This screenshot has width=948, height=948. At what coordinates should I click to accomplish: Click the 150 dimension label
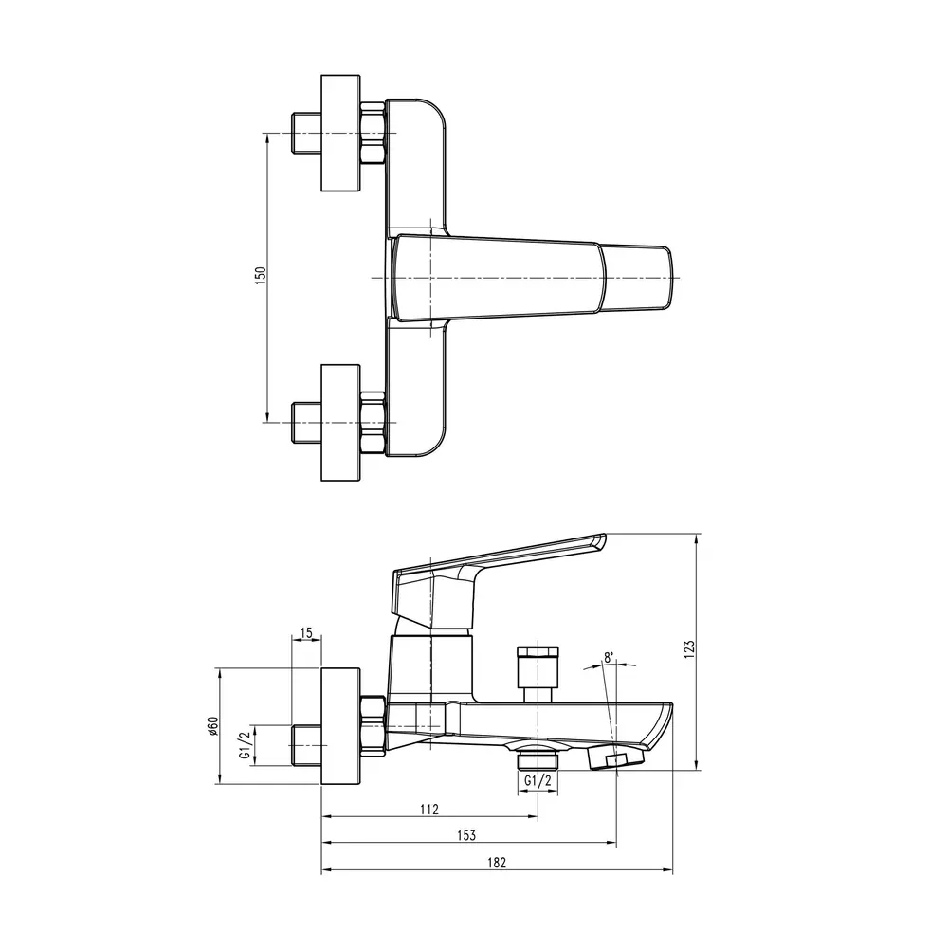261,276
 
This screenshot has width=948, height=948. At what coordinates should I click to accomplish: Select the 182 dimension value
497,862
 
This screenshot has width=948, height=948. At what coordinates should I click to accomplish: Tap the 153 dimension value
466,835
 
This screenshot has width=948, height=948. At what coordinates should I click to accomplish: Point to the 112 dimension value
428,809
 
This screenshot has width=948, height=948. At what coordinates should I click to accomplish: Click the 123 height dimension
689,648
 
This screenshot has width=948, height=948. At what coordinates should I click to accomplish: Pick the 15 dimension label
306,633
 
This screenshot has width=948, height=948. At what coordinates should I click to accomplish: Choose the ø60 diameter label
212,725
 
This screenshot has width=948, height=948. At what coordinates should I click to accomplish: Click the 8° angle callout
609,657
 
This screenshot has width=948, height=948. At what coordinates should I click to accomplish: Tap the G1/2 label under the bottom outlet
538,780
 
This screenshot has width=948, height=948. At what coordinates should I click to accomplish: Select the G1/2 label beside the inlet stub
245,744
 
